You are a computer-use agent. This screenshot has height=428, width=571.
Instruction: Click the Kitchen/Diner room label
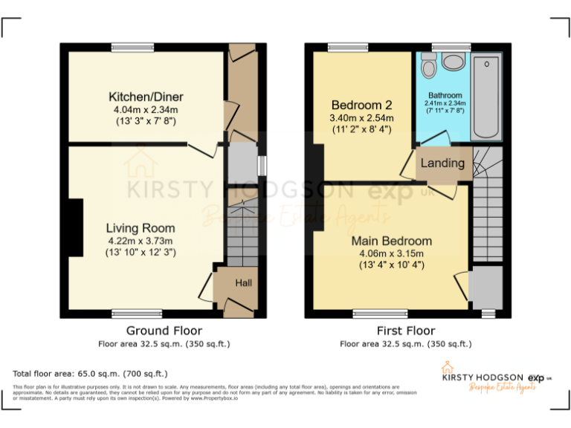coord(146,97)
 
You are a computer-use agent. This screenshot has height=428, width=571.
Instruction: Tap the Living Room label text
coord(141,228)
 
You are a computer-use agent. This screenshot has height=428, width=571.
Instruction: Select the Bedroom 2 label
coord(361,105)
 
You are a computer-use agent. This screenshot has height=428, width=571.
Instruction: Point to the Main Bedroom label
coord(391,241)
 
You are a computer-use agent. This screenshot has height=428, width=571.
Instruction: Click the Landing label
coord(442,163)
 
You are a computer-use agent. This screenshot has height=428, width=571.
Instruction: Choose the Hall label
coord(244,283)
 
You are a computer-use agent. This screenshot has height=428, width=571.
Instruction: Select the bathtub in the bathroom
coord(486,97)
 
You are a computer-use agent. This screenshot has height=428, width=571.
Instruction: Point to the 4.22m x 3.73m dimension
coord(141,241)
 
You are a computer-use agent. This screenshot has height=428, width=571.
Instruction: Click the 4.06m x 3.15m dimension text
coord(391,253)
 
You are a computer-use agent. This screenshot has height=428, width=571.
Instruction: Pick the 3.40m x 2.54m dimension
coord(361,117)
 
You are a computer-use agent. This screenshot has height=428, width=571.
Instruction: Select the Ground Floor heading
coord(164,331)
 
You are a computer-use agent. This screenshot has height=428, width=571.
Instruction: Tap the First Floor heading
coord(405,331)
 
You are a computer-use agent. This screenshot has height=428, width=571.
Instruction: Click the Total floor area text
coord(90,374)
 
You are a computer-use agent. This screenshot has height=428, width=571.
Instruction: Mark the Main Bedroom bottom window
coord(380,313)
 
